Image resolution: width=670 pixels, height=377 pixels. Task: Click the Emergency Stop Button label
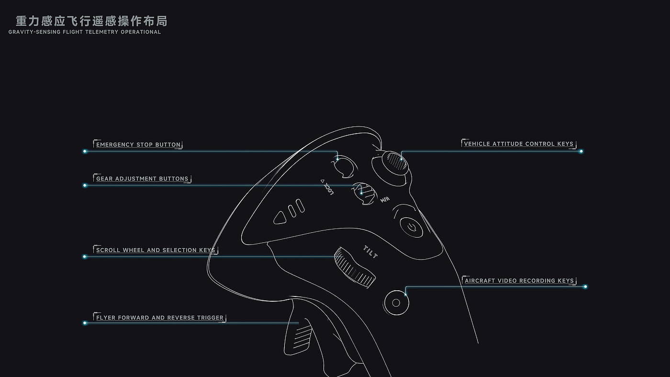138,145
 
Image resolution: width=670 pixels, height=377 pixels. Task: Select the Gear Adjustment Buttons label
142,179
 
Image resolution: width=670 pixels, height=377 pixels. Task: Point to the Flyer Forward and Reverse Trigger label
160,318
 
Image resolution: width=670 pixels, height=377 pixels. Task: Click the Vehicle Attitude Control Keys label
518,144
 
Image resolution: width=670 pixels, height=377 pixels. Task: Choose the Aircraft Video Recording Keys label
519,281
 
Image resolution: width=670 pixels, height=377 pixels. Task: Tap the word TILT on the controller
371,252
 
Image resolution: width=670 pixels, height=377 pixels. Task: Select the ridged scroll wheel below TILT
354,267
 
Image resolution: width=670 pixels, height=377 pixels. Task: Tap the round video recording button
396,303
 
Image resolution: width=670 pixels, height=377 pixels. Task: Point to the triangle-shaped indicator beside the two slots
280,218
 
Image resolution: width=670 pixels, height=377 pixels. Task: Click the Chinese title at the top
91,21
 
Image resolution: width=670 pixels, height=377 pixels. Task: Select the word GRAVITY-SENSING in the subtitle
34,32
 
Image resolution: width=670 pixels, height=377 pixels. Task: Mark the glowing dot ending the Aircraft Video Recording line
585,287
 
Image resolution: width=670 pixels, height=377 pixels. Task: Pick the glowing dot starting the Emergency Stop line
85,151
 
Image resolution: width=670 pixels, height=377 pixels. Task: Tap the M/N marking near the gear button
384,200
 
